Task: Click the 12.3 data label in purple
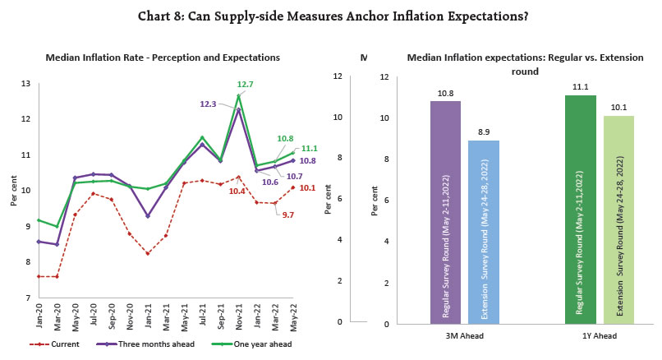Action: pos(209,104)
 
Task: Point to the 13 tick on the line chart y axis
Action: pos(25,83)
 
